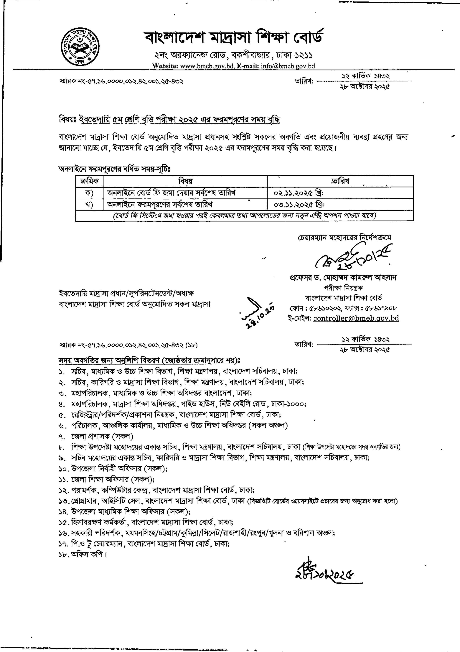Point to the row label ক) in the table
tap(89, 193)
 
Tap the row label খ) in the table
tap(89, 205)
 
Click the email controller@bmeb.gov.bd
tap(356, 318)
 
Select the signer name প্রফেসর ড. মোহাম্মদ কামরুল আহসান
tap(343, 278)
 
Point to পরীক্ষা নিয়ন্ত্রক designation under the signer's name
tap(343, 288)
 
